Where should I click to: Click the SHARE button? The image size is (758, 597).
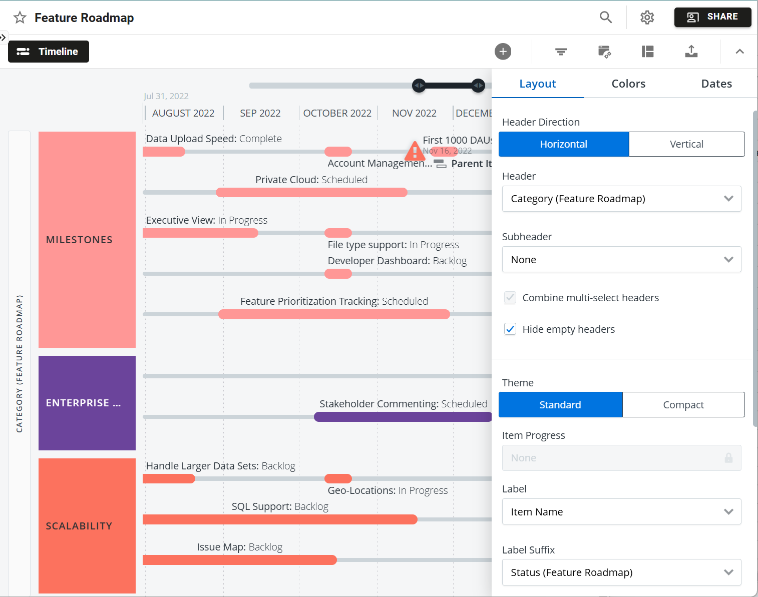(x=712, y=17)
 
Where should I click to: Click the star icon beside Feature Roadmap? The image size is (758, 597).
(x=20, y=18)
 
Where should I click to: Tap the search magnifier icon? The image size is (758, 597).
(x=606, y=18)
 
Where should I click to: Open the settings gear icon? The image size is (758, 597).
(x=647, y=18)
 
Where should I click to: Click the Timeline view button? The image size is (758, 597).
(x=49, y=52)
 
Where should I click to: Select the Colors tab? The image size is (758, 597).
(x=628, y=84)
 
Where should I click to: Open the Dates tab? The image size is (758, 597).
(x=716, y=84)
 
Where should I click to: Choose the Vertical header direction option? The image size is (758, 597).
(x=686, y=144)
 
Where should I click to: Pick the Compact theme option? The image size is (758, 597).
(x=683, y=405)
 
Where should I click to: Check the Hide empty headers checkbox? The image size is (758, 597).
(x=510, y=329)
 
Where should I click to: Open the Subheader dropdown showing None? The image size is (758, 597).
(x=621, y=260)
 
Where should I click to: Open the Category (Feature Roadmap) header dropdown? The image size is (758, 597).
(x=621, y=199)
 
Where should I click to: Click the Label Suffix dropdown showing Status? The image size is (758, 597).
(x=621, y=572)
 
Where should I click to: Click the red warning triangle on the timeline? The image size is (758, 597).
(x=415, y=151)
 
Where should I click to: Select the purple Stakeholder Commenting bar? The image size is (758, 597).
(x=403, y=417)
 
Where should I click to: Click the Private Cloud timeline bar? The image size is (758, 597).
(x=311, y=193)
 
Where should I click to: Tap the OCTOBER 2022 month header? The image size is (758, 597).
(x=337, y=113)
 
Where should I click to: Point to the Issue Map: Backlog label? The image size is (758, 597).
(x=239, y=547)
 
